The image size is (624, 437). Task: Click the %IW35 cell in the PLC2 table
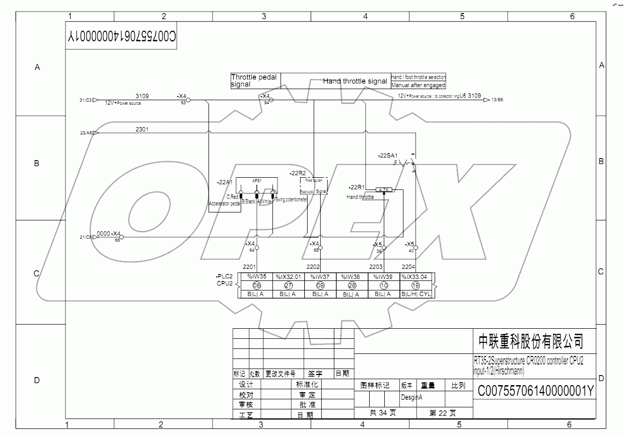click(x=256, y=276)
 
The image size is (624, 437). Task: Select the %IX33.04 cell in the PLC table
click(x=417, y=276)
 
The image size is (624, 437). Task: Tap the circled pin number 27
click(x=289, y=285)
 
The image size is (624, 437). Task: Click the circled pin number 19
click(x=416, y=285)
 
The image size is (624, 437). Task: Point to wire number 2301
click(x=142, y=129)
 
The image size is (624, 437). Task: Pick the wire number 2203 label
click(x=376, y=267)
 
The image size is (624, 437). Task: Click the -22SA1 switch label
click(x=388, y=156)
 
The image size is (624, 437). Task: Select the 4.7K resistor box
click(x=384, y=190)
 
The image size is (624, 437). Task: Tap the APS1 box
click(x=257, y=180)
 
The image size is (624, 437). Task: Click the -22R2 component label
click(x=298, y=173)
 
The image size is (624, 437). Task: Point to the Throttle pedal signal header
click(x=255, y=81)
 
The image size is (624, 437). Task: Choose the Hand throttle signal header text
click(x=355, y=81)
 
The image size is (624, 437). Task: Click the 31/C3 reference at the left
click(x=85, y=100)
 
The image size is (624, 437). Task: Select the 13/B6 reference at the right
click(x=497, y=100)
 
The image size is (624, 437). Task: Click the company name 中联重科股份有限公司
click(x=530, y=342)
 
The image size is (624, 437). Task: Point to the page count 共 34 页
click(x=384, y=413)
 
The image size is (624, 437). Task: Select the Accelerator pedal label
click(x=225, y=203)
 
